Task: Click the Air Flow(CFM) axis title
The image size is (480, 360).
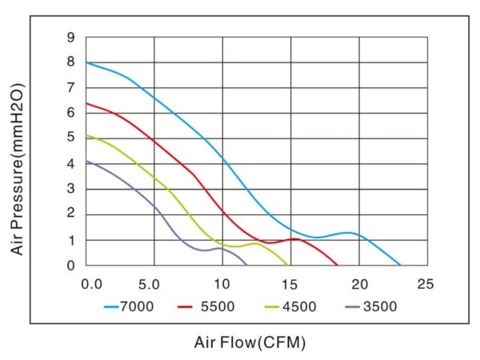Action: (x=250, y=342)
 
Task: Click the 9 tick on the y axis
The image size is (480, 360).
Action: (x=71, y=37)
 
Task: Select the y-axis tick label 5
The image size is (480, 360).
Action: (x=71, y=138)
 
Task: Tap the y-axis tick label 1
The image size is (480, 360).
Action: (x=71, y=240)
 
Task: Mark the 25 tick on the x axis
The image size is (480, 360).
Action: (x=426, y=283)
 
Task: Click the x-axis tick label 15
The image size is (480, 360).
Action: (x=290, y=283)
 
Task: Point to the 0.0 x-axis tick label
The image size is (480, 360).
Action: (x=92, y=283)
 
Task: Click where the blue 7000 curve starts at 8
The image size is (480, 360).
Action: (x=86, y=62)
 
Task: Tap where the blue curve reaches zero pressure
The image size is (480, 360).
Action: (x=400, y=265)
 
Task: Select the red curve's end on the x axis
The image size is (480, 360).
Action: (x=337, y=265)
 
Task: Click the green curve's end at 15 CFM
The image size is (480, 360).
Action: (x=288, y=265)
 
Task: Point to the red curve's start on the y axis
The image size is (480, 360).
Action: (x=86, y=103)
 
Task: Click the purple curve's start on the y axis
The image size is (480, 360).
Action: (x=86, y=161)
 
